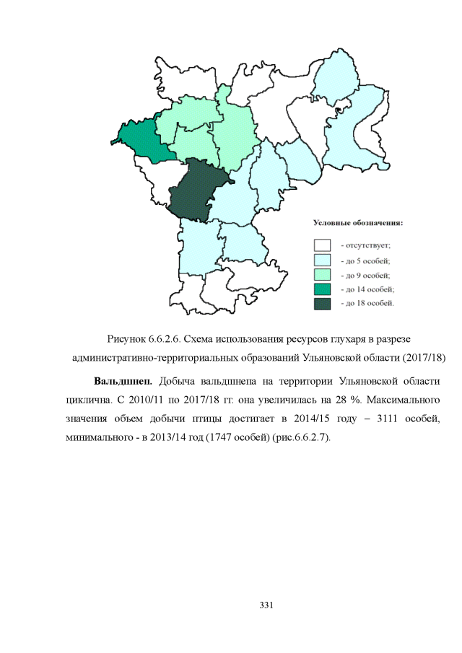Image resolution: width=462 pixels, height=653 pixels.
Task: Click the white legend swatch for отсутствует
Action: (x=322, y=246)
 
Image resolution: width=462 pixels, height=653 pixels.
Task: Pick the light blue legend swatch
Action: (x=322, y=260)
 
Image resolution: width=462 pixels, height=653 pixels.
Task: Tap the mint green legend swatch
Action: (x=322, y=275)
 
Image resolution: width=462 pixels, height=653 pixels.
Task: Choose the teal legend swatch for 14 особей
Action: (x=322, y=289)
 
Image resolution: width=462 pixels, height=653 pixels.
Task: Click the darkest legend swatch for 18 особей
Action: (x=322, y=304)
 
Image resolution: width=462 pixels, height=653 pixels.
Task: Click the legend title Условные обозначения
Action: (x=357, y=223)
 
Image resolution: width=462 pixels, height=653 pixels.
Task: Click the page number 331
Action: (x=266, y=603)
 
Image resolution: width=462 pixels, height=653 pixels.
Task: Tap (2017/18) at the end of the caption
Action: (x=422, y=357)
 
